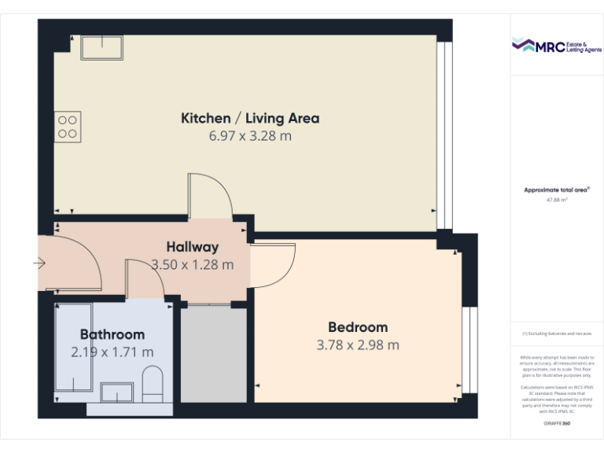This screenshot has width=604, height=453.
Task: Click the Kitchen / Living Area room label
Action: pos(250,119)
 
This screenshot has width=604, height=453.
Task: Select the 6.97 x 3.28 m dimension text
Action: pos(250,136)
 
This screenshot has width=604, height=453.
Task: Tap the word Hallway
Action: pos(193,248)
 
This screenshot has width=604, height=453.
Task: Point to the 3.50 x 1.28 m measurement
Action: pos(193,265)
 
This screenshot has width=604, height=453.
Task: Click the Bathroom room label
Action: pos(112,334)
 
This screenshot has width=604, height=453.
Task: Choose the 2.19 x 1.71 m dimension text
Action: pos(112,352)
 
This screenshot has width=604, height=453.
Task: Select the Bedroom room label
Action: pos(358,327)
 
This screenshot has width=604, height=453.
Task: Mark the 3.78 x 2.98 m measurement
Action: pos(358,344)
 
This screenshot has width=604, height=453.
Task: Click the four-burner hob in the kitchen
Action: pos(68,127)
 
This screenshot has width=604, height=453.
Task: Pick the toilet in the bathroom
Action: pos(153,381)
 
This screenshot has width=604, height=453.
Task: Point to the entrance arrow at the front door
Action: pos(39,264)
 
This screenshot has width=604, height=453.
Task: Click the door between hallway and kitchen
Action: pos(209,197)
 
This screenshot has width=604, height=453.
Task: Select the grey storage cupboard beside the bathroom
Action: pos(214,355)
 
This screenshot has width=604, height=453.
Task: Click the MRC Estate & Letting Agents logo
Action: pos(556,46)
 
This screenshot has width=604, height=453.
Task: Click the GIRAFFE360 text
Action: pos(556,424)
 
